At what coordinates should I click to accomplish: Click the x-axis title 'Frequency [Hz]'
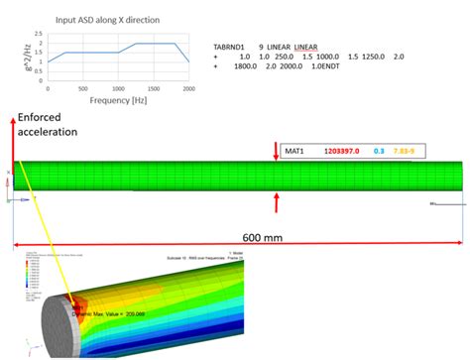tap(117, 100)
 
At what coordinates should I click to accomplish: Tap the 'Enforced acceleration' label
tap(48, 124)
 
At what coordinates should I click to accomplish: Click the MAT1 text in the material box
tap(294, 151)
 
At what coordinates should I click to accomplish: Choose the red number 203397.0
tap(346, 151)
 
